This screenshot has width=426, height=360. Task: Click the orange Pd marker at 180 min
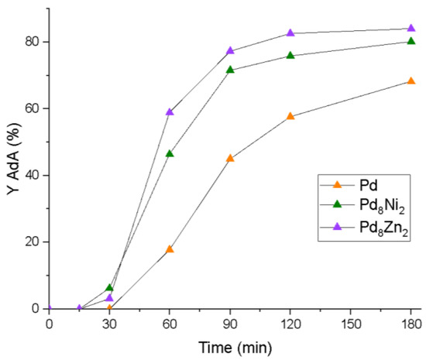pos(411,81)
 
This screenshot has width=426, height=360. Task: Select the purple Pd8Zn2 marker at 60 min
pos(170,112)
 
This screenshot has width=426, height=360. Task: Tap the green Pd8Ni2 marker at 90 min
pos(230,70)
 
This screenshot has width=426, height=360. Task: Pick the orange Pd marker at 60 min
pos(170,249)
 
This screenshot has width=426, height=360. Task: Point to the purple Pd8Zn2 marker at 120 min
pos(290,33)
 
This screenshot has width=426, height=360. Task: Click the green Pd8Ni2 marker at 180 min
pos(411,41)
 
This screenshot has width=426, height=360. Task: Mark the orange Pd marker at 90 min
pos(230,159)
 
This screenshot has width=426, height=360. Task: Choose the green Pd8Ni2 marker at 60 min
pos(170,154)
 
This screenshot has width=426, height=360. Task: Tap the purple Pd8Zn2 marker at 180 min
pos(411,29)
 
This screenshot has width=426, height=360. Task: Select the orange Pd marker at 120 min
pos(290,116)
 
